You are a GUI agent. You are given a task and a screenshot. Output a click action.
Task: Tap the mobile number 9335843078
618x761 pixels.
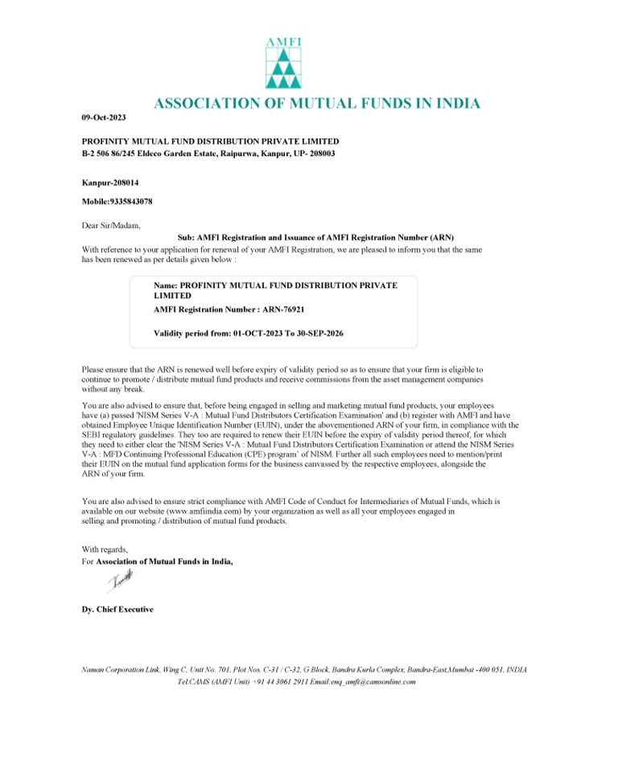130,201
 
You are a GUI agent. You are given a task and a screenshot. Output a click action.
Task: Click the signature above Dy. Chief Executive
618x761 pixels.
117,581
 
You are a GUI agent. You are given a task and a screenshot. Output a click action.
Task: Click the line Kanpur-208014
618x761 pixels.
110,183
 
